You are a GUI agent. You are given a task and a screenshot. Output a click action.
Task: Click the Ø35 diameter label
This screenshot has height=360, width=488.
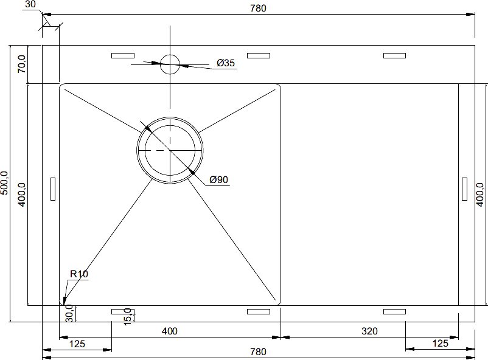tap(226, 63)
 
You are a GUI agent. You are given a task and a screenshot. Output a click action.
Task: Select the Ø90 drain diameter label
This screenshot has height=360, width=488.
tap(218, 179)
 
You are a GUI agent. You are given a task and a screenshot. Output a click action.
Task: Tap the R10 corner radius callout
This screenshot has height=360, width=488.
tap(79, 274)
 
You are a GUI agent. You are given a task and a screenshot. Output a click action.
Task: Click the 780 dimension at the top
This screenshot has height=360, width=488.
tap(259, 8)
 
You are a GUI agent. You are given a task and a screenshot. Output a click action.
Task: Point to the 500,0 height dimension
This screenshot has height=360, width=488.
tap(5, 183)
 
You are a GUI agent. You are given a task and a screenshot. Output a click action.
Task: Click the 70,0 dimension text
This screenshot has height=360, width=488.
tap(22, 64)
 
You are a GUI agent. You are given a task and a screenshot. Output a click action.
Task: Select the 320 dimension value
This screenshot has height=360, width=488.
tap(369, 331)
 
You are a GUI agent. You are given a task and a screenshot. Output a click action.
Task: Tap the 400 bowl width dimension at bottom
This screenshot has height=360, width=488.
tap(170, 331)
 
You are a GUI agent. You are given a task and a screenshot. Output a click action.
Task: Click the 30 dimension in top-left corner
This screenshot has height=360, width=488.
tap(30, 4)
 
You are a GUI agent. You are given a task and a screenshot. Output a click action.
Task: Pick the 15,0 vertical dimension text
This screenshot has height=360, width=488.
tap(128, 317)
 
